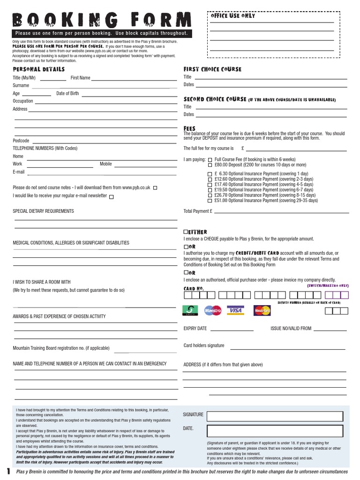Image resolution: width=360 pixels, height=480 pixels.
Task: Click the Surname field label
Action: pyautogui.click(x=21, y=86)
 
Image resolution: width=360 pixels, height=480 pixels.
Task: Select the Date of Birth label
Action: pyautogui.click(x=67, y=94)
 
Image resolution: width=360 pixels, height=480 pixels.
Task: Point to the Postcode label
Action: pyautogui.click(x=21, y=141)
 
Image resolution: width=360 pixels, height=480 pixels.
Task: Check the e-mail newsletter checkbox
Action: pyautogui.click(x=111, y=197)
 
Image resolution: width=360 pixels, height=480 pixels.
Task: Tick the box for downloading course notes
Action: pyautogui.click(x=155, y=187)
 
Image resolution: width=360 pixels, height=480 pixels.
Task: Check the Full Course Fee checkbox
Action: pyautogui.click(x=210, y=160)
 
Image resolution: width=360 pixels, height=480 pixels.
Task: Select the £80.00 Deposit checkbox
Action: pyautogui.click(x=210, y=165)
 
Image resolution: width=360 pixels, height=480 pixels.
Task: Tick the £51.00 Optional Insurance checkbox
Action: pyautogui.click(x=210, y=201)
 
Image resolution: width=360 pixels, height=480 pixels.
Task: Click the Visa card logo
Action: pyautogui.click(x=235, y=310)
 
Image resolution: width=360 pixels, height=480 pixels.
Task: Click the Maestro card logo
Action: pyautogui.click(x=213, y=310)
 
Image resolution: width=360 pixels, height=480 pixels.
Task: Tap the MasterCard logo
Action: pyautogui.click(x=262, y=310)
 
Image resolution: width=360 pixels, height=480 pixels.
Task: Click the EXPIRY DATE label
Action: pyautogui.click(x=195, y=329)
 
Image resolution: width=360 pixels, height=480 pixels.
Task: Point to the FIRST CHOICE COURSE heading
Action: pyautogui.click(x=212, y=69)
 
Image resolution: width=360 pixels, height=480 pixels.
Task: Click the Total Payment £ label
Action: pyautogui.click(x=198, y=211)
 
